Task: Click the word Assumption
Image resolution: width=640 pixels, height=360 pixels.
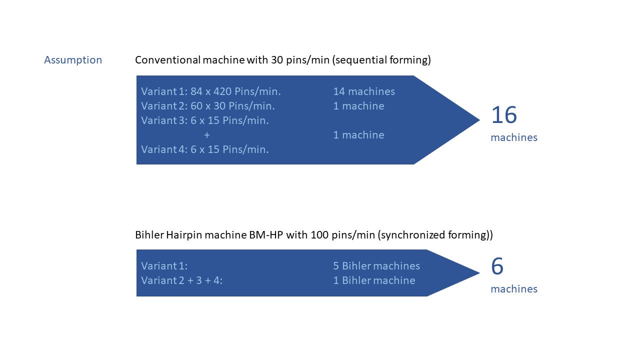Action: (73, 60)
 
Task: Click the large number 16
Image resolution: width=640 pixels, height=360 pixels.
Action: (503, 115)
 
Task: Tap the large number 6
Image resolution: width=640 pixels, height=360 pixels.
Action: (497, 266)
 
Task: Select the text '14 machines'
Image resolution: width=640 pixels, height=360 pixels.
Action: (364, 91)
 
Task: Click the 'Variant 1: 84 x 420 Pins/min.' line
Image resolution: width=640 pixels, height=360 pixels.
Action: (210, 91)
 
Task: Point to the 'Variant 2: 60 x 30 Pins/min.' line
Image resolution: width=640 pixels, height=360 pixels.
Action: (207, 106)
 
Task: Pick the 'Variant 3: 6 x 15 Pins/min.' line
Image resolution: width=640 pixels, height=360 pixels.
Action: (204, 120)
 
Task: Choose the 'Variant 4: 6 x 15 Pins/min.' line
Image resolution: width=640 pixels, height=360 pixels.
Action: (204, 149)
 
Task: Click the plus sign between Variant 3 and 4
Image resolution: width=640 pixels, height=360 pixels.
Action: (206, 135)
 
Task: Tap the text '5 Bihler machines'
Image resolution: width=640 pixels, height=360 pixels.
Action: (376, 266)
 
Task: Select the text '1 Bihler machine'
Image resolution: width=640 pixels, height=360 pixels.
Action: (374, 280)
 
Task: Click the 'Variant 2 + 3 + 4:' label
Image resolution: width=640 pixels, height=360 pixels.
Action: (181, 280)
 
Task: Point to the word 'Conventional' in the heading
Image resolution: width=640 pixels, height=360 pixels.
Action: (167, 60)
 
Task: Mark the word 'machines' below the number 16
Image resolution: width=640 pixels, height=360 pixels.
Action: (514, 137)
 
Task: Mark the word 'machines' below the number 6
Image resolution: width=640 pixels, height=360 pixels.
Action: (514, 289)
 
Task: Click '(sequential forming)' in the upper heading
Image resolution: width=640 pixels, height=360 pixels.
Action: (381, 60)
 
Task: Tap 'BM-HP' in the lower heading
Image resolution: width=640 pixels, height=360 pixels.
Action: (265, 235)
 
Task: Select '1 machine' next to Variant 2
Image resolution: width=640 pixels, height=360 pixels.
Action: (358, 106)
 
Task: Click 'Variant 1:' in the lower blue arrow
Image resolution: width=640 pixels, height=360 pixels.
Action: (164, 266)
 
